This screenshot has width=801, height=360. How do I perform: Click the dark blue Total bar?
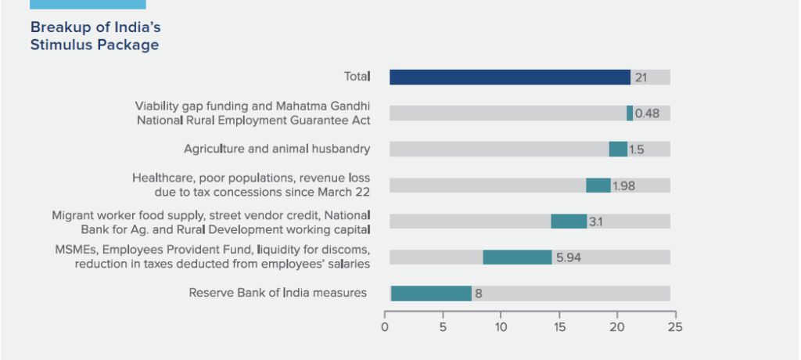point(510,77)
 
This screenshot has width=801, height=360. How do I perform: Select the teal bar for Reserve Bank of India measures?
point(431,293)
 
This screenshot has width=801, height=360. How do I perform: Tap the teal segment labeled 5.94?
point(517,257)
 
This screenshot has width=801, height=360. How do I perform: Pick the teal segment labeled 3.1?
point(569,221)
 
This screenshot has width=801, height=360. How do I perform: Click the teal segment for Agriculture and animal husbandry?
point(618,149)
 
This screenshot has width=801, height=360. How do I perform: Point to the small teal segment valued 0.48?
point(630,113)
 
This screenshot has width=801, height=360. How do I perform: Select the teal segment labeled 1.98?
point(598,185)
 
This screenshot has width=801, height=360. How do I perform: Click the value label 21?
point(640,77)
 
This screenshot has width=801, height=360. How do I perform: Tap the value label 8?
point(478,294)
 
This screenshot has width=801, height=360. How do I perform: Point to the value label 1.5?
point(636,149)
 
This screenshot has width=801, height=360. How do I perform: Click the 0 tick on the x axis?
point(385,327)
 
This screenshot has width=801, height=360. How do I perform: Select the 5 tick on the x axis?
point(443,327)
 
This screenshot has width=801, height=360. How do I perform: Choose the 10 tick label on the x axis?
point(501,327)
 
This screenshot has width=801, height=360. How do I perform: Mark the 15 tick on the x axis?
point(559,327)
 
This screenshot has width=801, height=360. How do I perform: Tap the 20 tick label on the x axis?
point(617,327)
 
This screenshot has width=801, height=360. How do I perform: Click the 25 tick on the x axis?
point(675,327)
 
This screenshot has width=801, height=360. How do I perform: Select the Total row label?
point(357,77)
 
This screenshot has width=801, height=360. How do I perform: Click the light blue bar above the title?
point(87,4)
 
